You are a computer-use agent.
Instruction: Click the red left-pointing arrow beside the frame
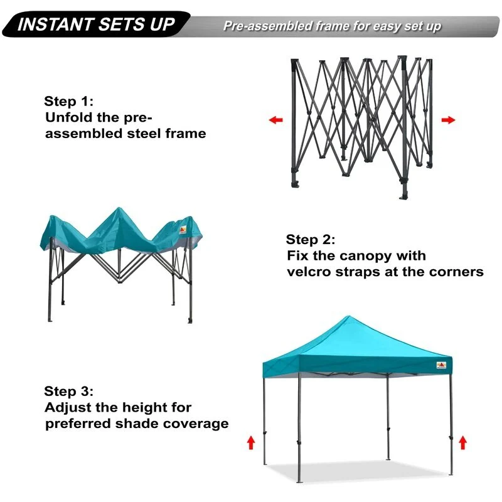(x=275, y=120)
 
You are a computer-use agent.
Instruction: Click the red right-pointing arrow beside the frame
(x=448, y=120)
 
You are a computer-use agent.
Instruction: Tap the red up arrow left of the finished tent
(x=251, y=443)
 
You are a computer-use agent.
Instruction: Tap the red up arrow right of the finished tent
(x=462, y=443)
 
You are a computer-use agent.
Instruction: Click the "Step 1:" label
(x=69, y=101)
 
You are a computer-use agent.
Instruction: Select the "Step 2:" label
(x=311, y=240)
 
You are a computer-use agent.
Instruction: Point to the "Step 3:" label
(x=69, y=391)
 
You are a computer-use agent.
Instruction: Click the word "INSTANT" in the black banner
(x=55, y=24)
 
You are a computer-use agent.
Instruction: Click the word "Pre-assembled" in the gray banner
(x=267, y=26)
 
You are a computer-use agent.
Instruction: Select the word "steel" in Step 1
(x=144, y=134)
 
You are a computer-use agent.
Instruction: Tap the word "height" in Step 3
(x=145, y=408)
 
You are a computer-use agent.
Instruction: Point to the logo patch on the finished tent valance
(x=441, y=365)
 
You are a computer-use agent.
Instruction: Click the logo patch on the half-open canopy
(x=183, y=230)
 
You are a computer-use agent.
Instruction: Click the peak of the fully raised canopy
(x=348, y=317)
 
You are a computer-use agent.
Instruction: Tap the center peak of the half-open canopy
(x=119, y=209)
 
